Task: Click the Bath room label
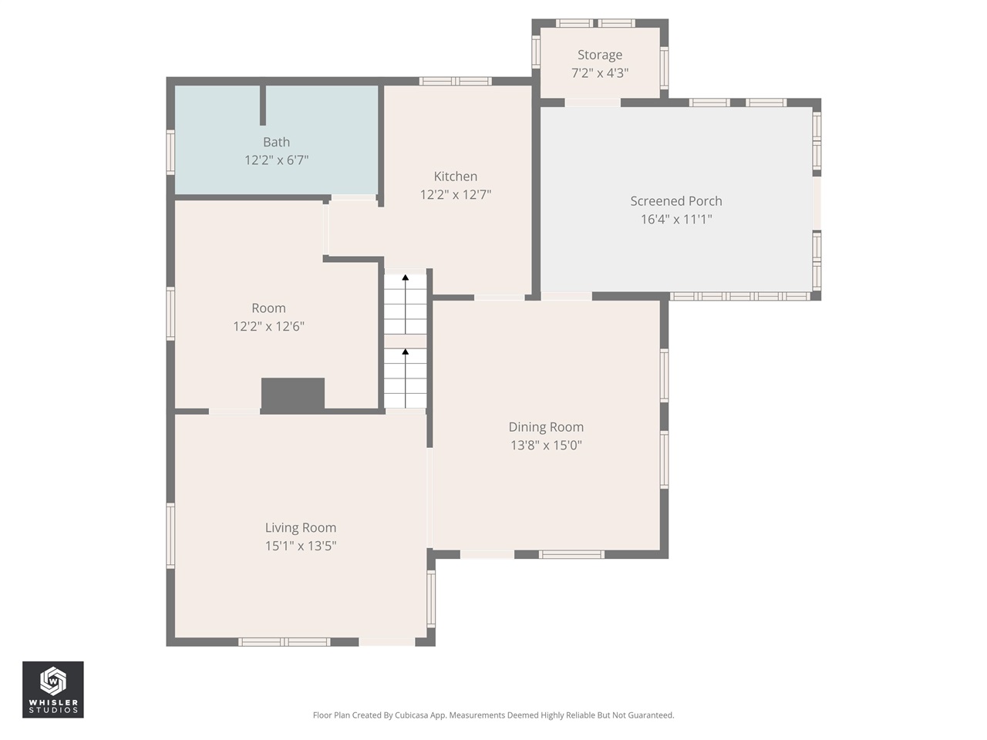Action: [x=276, y=142]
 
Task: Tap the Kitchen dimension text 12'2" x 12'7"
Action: [x=455, y=194]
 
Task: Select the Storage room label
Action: [x=599, y=55]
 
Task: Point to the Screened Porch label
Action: [x=675, y=201]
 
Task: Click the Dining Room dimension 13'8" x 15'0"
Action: [x=546, y=445]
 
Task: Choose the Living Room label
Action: [x=300, y=528]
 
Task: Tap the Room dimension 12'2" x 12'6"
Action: [x=268, y=326]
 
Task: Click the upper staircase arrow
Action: [x=406, y=278]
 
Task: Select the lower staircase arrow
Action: [x=406, y=353]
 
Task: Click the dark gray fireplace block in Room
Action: [x=292, y=394]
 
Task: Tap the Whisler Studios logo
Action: [x=52, y=689]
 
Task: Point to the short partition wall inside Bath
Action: [x=263, y=105]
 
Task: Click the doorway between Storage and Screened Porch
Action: [x=592, y=103]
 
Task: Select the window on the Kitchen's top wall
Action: [x=455, y=81]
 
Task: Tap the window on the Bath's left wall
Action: [x=170, y=152]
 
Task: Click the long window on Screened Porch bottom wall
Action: [x=739, y=296]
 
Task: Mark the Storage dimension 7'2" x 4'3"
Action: [x=599, y=73]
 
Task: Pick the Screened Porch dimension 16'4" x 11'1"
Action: [x=675, y=220]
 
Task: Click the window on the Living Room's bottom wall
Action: [x=284, y=642]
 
